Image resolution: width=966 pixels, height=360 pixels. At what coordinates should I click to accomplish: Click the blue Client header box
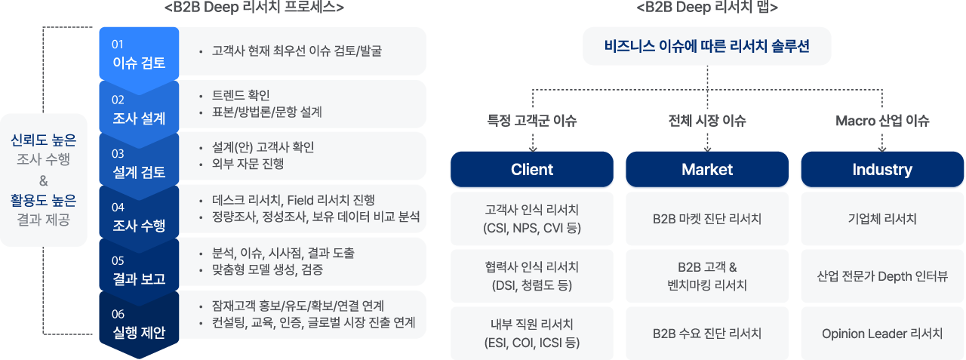point(532,169)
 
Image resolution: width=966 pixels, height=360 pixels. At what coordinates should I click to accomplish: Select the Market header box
point(707,169)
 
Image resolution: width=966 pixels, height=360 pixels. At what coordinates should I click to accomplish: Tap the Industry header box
point(882,169)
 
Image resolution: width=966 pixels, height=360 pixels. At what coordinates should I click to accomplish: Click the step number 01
point(117,45)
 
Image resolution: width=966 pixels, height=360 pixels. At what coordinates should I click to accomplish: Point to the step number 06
point(118,314)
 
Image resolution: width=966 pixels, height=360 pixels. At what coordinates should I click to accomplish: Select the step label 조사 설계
point(139,118)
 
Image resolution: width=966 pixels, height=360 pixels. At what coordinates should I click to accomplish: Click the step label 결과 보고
point(139,279)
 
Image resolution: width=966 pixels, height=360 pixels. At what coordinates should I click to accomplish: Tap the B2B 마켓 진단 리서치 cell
point(707,219)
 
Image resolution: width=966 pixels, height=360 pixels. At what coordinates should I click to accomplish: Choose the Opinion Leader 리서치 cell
point(882,334)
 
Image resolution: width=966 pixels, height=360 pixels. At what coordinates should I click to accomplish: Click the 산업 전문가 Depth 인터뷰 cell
point(882,276)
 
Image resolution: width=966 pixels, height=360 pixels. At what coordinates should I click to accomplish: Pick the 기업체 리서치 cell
point(882,219)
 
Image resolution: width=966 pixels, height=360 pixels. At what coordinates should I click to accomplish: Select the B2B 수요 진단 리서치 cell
point(707,334)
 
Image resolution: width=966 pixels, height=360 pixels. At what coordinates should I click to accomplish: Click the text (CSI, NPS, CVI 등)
point(532,228)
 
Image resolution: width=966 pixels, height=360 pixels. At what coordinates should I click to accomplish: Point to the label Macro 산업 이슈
point(882,120)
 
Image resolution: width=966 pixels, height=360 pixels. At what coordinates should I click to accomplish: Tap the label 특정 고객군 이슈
point(532,120)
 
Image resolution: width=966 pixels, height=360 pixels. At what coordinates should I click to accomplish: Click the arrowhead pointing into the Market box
point(707,149)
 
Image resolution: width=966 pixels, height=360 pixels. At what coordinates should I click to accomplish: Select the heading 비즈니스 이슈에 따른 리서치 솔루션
point(707,46)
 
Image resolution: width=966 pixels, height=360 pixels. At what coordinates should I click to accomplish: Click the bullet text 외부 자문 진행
point(248,164)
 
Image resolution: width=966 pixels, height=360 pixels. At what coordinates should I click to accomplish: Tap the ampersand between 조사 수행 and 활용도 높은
point(43,180)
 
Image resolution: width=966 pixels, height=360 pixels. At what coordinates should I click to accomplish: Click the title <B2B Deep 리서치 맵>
point(707,8)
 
